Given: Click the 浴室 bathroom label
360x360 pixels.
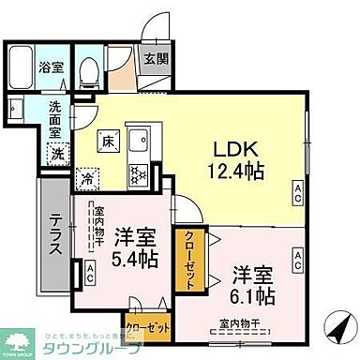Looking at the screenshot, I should point(51,67).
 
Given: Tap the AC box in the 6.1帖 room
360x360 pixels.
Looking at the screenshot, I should point(297,254).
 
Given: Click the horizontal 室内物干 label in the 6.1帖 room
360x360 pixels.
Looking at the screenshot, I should point(240,325).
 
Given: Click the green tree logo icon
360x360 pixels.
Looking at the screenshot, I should point(18,340).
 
